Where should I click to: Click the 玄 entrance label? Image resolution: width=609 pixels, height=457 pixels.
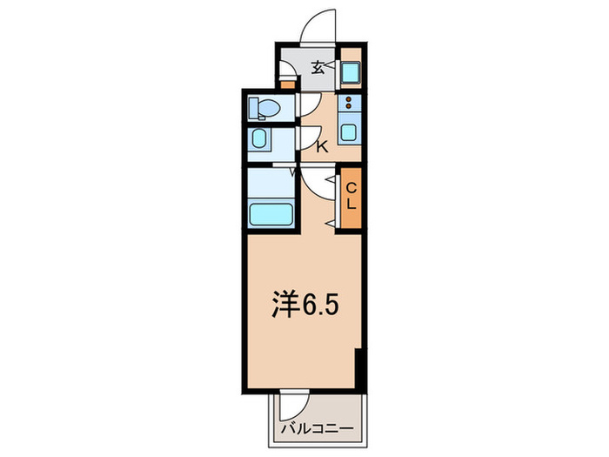[x=318, y=68]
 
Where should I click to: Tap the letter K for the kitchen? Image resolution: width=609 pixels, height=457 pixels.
[x=321, y=147]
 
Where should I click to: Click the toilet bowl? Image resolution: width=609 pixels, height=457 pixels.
[x=264, y=108]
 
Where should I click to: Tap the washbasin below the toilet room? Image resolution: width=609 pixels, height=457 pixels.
[x=259, y=139]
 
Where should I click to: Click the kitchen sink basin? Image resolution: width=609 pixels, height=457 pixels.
[x=350, y=134]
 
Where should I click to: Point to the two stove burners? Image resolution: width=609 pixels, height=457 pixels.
[x=350, y=104]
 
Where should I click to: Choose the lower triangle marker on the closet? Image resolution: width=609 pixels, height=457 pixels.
[x=331, y=225]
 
